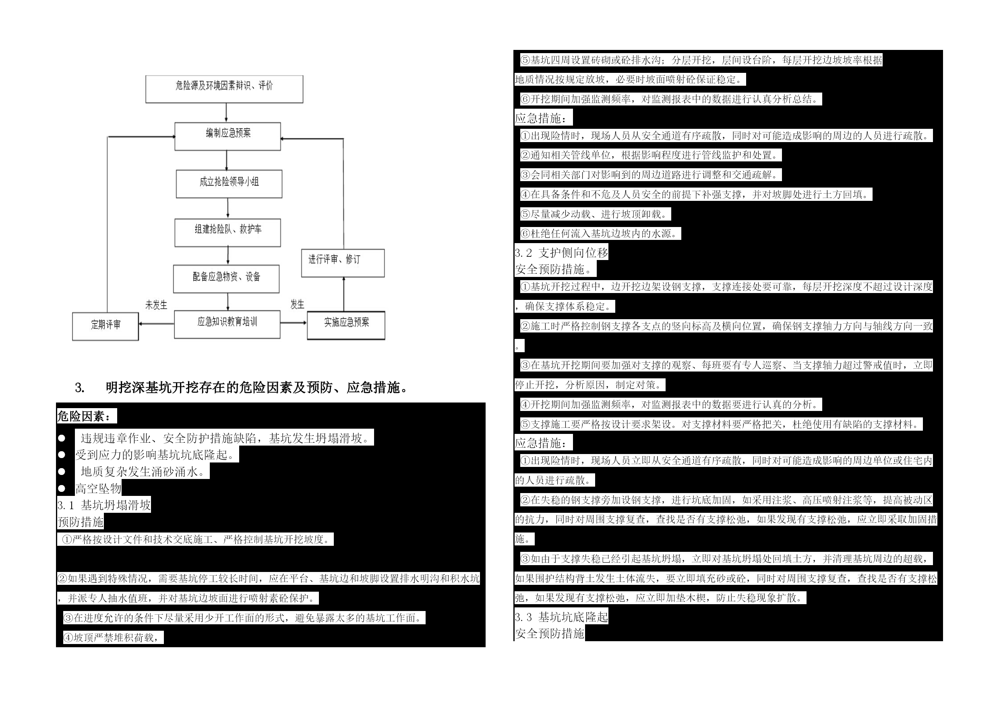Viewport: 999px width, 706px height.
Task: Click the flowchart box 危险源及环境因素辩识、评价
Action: pyautogui.click(x=224, y=89)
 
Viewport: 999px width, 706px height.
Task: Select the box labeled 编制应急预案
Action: pyautogui.click(x=228, y=136)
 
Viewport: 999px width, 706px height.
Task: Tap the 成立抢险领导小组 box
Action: pyautogui.click(x=229, y=184)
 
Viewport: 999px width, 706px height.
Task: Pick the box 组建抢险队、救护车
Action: pyautogui.click(x=228, y=233)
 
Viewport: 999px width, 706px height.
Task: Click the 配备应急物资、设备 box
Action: pyautogui.click(x=226, y=279)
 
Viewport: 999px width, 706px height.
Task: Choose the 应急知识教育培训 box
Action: pyautogui.click(x=227, y=324)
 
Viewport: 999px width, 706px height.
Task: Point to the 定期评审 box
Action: pyautogui.click(x=105, y=326)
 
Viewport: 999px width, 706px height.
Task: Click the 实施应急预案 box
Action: pyautogui.click(x=346, y=325)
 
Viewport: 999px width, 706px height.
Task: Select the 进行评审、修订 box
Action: pyautogui.click(x=343, y=263)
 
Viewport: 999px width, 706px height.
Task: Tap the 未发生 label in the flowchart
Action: pyautogui.click(x=156, y=305)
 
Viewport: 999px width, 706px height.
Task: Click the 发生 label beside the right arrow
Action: pyautogui.click(x=298, y=304)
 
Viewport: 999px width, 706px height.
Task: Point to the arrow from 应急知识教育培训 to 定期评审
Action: pyautogui.click(x=157, y=324)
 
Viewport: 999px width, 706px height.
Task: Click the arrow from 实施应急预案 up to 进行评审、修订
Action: pyautogui.click(x=344, y=294)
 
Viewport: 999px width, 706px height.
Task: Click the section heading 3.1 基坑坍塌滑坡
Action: pyautogui.click(x=104, y=505)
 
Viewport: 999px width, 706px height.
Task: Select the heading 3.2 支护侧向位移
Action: pyautogui.click(x=561, y=253)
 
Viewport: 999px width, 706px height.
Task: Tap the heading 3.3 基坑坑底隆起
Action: pyautogui.click(x=561, y=617)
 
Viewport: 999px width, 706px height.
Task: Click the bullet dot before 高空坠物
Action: pyautogui.click(x=62, y=489)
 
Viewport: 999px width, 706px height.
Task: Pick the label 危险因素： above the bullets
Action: pyautogui.click(x=87, y=416)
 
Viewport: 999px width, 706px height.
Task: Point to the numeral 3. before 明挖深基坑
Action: pyautogui.click(x=80, y=388)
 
